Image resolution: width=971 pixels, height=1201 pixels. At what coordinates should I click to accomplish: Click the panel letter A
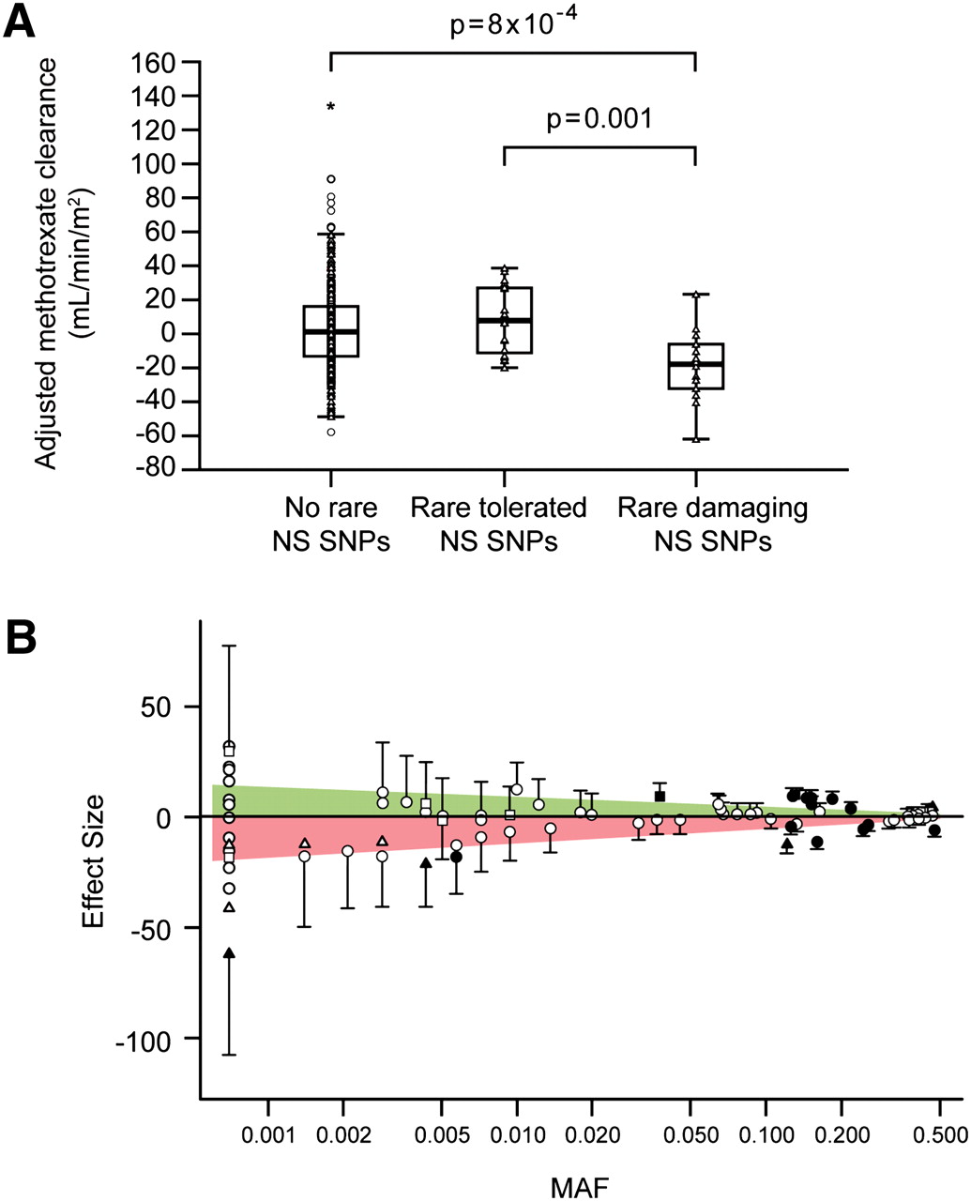pyautogui.click(x=21, y=21)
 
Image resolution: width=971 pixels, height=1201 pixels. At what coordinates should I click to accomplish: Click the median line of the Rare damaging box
pyautogui.click(x=695, y=364)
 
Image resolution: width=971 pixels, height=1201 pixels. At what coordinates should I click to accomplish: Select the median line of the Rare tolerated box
pyautogui.click(x=505, y=321)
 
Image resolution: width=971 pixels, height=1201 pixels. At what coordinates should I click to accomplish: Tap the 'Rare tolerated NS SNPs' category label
pyautogui.click(x=498, y=524)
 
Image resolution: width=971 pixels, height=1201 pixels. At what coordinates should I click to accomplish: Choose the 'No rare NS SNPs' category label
pyautogui.click(x=331, y=524)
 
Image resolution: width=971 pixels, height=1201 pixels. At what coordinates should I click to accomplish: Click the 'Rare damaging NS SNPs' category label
pyautogui.click(x=712, y=524)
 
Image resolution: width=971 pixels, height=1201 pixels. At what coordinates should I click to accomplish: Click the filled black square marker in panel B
pyautogui.click(x=660, y=796)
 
